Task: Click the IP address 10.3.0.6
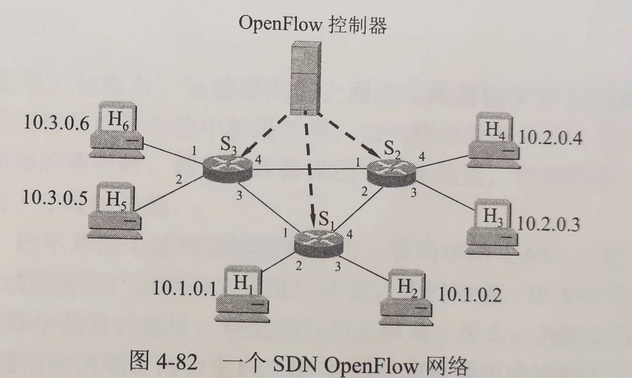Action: click(57, 123)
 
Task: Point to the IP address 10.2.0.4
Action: click(550, 138)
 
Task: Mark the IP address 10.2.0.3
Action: click(548, 224)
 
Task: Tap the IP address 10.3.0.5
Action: click(55, 198)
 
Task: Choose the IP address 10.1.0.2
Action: click(469, 295)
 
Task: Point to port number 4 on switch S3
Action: click(258, 160)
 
